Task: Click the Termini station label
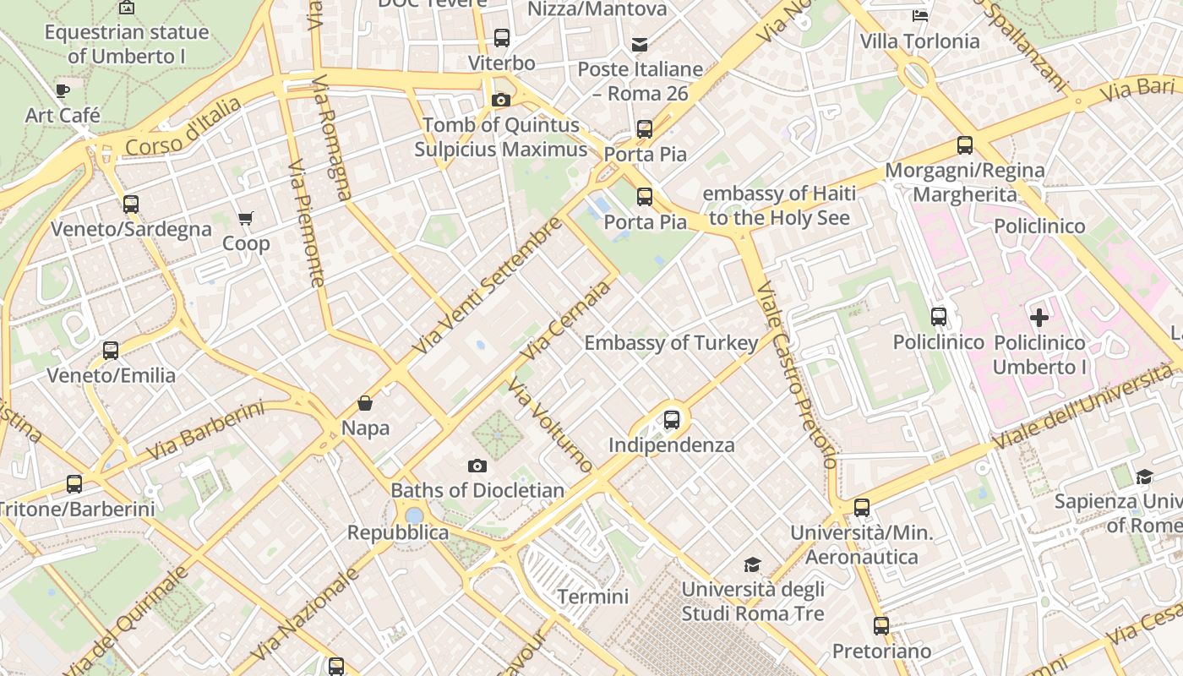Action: tap(592, 597)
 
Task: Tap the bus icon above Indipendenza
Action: tap(672, 419)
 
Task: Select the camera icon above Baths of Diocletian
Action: tap(477, 466)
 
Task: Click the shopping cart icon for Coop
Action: tap(246, 219)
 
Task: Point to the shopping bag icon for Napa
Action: tap(365, 403)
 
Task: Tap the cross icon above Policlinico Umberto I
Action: tap(1039, 318)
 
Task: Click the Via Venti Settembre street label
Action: tap(488, 285)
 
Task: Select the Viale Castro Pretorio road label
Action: tap(797, 375)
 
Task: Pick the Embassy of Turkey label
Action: tap(671, 343)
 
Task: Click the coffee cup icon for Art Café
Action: tap(62, 90)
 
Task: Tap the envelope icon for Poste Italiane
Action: tap(640, 44)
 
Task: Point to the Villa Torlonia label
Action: tap(919, 41)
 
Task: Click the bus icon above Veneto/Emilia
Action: tap(111, 351)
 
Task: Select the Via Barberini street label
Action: tap(204, 430)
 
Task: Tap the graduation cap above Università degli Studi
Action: tap(752, 564)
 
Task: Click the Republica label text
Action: tap(398, 532)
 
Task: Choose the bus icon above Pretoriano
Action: tap(881, 626)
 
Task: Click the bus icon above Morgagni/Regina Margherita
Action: tap(965, 145)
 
